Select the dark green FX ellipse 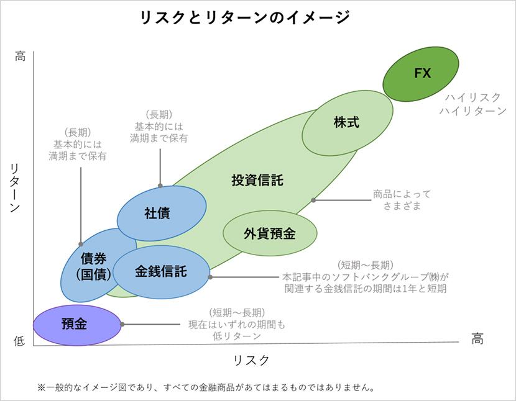[x=421, y=73]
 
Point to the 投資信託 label [x=257, y=181]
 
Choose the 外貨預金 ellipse [x=269, y=233]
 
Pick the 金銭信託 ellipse [x=161, y=271]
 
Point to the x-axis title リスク [x=251, y=360]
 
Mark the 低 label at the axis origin [x=20, y=340]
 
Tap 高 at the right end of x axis [x=477, y=338]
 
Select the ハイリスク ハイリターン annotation [x=472, y=104]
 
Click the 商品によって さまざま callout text [x=402, y=200]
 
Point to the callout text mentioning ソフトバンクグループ [x=365, y=276]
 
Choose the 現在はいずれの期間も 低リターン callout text [x=236, y=324]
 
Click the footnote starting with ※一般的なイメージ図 [x=205, y=388]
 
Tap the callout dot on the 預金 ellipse [x=122, y=324]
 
